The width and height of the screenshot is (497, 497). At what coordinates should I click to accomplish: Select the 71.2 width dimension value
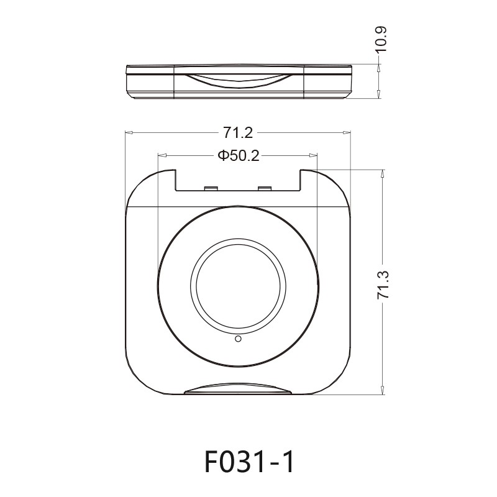pyautogui.click(x=239, y=132)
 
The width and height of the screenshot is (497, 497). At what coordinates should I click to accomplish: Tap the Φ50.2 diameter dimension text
pyautogui.click(x=238, y=155)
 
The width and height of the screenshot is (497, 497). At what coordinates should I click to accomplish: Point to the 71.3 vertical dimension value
pyautogui.click(x=383, y=286)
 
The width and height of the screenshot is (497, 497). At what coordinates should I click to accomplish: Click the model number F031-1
pyautogui.click(x=248, y=462)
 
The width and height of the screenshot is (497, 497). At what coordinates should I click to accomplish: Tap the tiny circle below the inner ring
pyautogui.click(x=238, y=339)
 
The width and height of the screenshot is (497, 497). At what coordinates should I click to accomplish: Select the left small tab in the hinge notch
pyautogui.click(x=210, y=188)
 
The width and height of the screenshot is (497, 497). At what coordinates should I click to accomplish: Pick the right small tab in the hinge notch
pyautogui.click(x=265, y=188)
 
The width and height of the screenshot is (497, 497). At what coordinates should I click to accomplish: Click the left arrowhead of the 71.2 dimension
pyautogui.click(x=129, y=132)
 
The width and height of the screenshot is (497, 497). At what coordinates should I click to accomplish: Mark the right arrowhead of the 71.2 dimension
pyautogui.click(x=347, y=132)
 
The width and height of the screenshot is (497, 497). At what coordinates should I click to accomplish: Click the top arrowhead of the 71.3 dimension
pyautogui.click(x=383, y=173)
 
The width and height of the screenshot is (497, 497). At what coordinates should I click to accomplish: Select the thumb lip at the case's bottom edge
pyautogui.click(x=238, y=390)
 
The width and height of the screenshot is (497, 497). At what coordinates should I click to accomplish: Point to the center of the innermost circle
pyautogui.click(x=238, y=288)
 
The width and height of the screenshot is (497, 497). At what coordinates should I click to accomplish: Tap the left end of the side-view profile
pyautogui.click(x=127, y=81)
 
